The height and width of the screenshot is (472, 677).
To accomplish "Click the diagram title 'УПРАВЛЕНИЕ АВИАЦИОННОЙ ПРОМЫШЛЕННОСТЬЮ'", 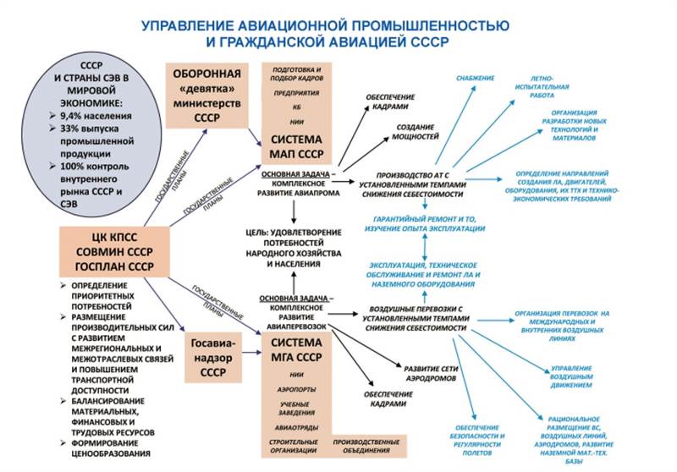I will click(x=338, y=25).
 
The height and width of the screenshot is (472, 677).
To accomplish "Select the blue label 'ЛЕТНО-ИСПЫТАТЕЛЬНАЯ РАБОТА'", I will click(x=553, y=91).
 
